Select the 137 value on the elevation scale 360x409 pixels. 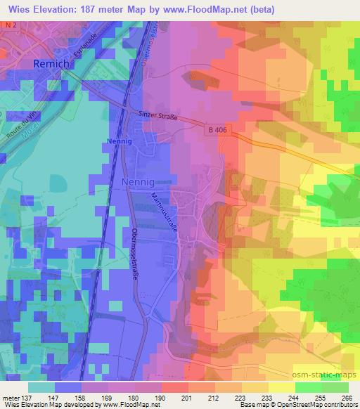coord(22,398)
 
